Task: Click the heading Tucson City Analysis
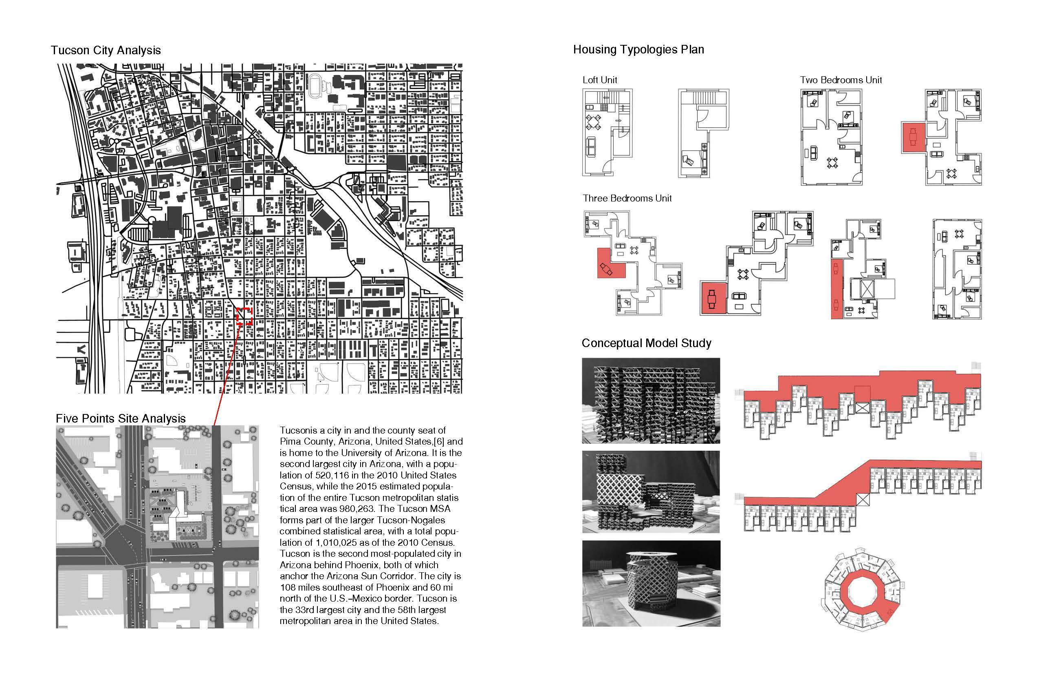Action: tap(106, 50)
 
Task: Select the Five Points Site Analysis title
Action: tap(121, 418)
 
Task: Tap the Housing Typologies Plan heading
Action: tap(638, 49)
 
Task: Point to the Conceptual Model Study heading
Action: tap(646, 343)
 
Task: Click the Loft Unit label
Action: tap(599, 80)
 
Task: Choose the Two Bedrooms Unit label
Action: tap(840, 80)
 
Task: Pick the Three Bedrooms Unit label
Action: tap(627, 198)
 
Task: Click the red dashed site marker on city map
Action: tap(244, 316)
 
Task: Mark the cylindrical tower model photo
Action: tap(651, 583)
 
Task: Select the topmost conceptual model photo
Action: tap(651, 400)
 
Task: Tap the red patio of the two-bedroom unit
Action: tap(913, 137)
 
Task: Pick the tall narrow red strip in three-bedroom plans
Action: tap(836, 288)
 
